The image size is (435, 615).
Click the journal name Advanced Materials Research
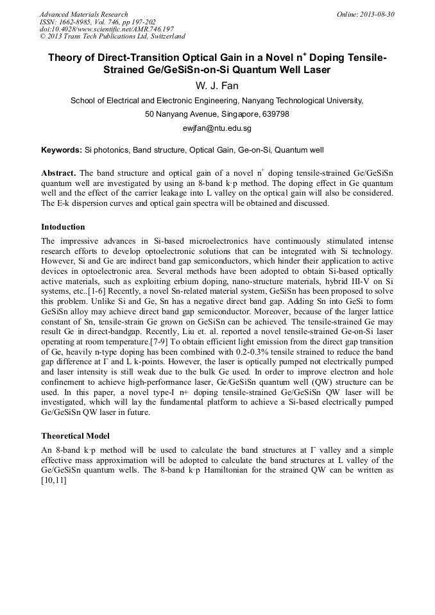pos(83,14)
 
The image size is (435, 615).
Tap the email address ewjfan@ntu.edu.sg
pos(217,128)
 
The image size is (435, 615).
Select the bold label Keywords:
pos(62,150)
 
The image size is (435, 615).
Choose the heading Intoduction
pos(63,226)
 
